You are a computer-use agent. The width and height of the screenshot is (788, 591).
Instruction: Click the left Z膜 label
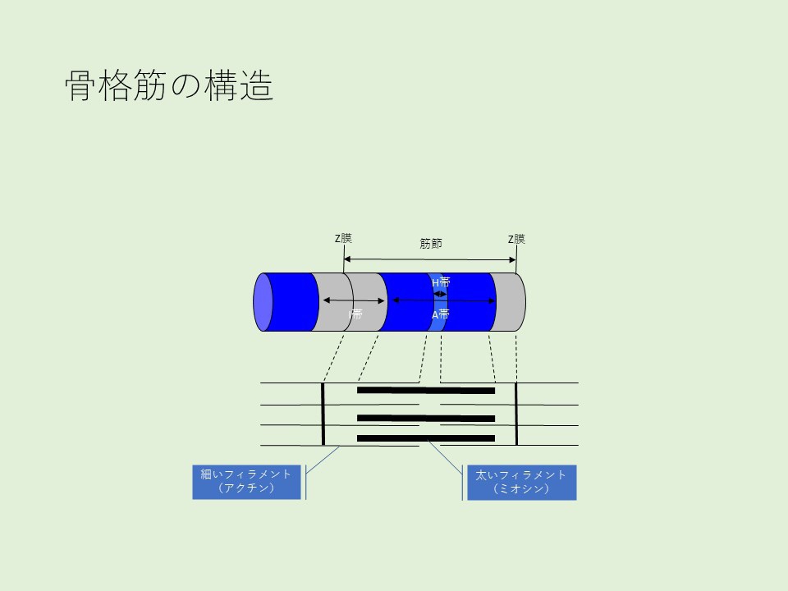click(x=343, y=239)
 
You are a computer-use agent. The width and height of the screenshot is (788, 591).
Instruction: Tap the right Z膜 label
click(x=516, y=239)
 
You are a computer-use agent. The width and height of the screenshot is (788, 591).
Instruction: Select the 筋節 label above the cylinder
click(x=430, y=243)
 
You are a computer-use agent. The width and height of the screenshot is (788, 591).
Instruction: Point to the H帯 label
click(x=441, y=282)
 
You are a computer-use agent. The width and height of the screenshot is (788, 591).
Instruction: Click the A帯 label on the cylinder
click(x=441, y=314)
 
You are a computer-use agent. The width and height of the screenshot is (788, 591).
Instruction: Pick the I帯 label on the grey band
click(x=355, y=314)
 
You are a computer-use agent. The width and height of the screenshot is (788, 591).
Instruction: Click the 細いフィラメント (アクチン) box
click(x=246, y=482)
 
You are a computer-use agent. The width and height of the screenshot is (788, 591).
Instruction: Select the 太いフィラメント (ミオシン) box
click(x=521, y=482)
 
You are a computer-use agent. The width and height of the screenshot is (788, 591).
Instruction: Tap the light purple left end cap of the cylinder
click(x=263, y=301)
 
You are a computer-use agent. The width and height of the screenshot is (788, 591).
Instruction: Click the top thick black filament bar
click(x=426, y=391)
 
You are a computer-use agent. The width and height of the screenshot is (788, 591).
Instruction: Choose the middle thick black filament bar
click(x=426, y=419)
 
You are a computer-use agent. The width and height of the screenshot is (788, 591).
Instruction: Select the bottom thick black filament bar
click(x=426, y=438)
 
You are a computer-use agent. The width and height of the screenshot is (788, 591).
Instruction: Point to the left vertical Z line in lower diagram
click(x=323, y=414)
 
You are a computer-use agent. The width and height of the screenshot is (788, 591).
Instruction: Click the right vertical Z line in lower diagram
click(x=516, y=414)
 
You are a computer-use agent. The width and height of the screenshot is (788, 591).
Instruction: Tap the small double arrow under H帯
click(x=441, y=293)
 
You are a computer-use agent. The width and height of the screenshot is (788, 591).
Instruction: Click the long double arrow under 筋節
click(x=429, y=259)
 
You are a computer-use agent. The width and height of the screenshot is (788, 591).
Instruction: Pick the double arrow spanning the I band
click(x=354, y=301)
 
